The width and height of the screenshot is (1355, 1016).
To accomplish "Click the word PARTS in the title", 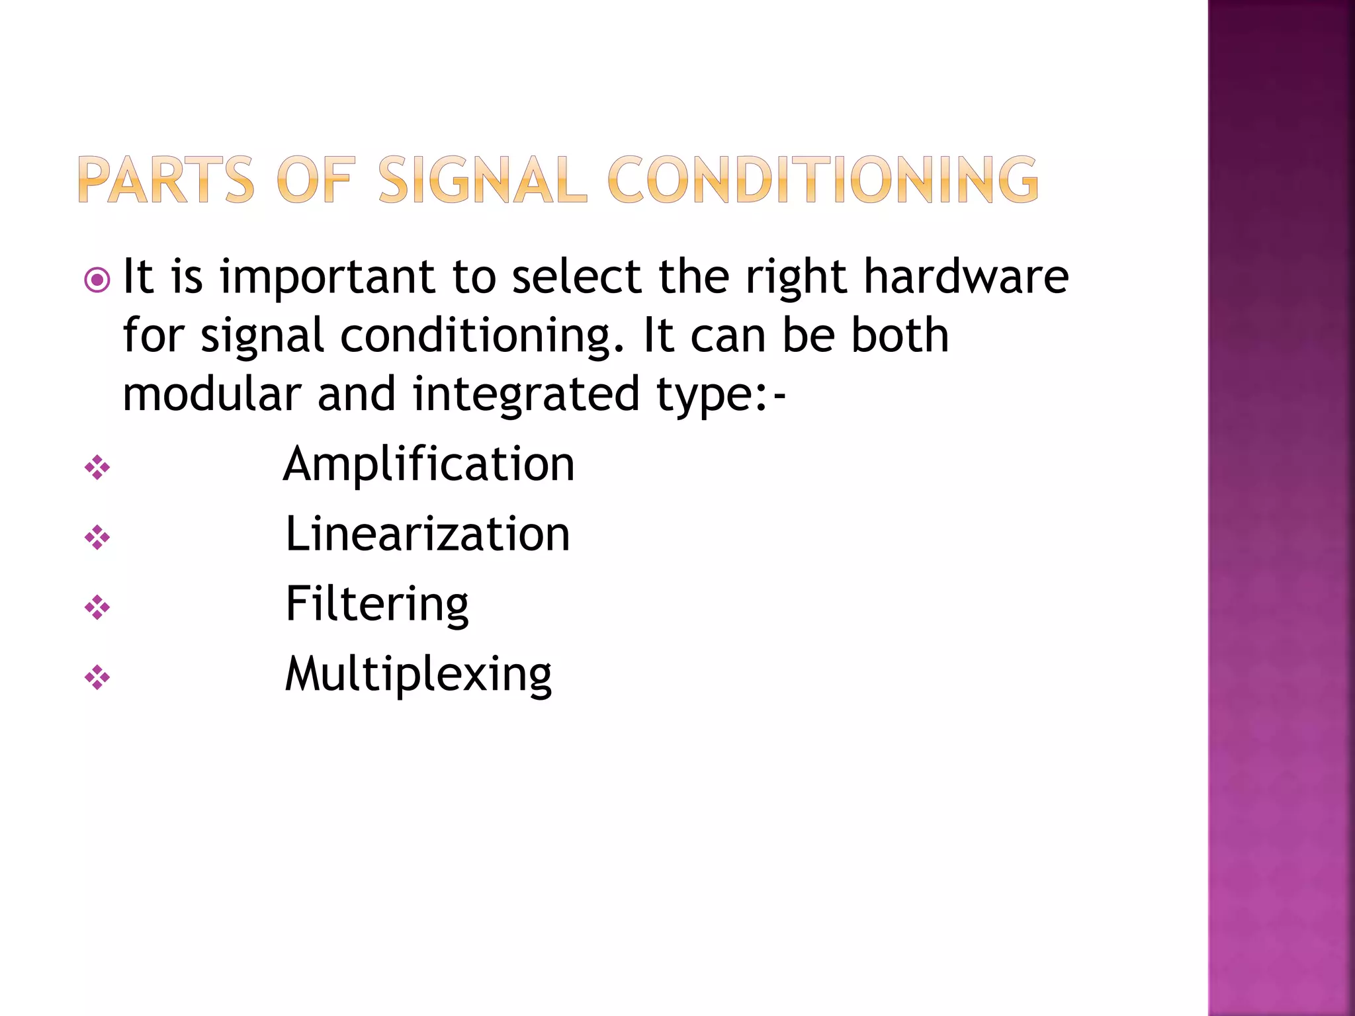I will [166, 179].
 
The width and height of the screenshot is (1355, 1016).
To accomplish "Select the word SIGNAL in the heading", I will [482, 179].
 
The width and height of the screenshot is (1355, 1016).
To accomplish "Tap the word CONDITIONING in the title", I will [822, 179].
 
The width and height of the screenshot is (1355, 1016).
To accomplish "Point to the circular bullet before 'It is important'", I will [97, 280].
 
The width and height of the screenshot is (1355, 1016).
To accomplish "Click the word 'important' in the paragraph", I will [327, 278].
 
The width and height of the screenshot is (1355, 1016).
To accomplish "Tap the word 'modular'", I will [212, 394].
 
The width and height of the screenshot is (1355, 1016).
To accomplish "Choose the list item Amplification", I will [429, 464].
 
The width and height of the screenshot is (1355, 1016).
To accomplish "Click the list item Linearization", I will [427, 534].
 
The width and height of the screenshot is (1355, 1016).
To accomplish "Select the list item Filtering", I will [377, 605].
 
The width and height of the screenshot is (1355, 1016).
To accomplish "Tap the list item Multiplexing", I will [418, 675].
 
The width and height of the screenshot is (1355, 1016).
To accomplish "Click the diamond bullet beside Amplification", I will [97, 468].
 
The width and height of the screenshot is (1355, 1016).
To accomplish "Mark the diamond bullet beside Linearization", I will [97, 538].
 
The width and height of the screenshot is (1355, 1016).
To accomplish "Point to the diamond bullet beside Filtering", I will [97, 607].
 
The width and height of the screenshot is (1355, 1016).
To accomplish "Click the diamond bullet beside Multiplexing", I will [97, 677].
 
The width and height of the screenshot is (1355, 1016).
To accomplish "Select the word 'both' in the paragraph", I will [900, 335].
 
